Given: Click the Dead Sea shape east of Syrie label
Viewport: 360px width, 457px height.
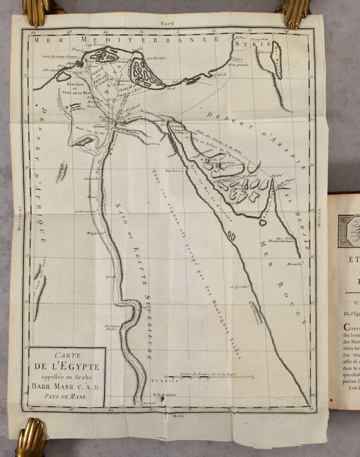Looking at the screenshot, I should pos(276,59).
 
